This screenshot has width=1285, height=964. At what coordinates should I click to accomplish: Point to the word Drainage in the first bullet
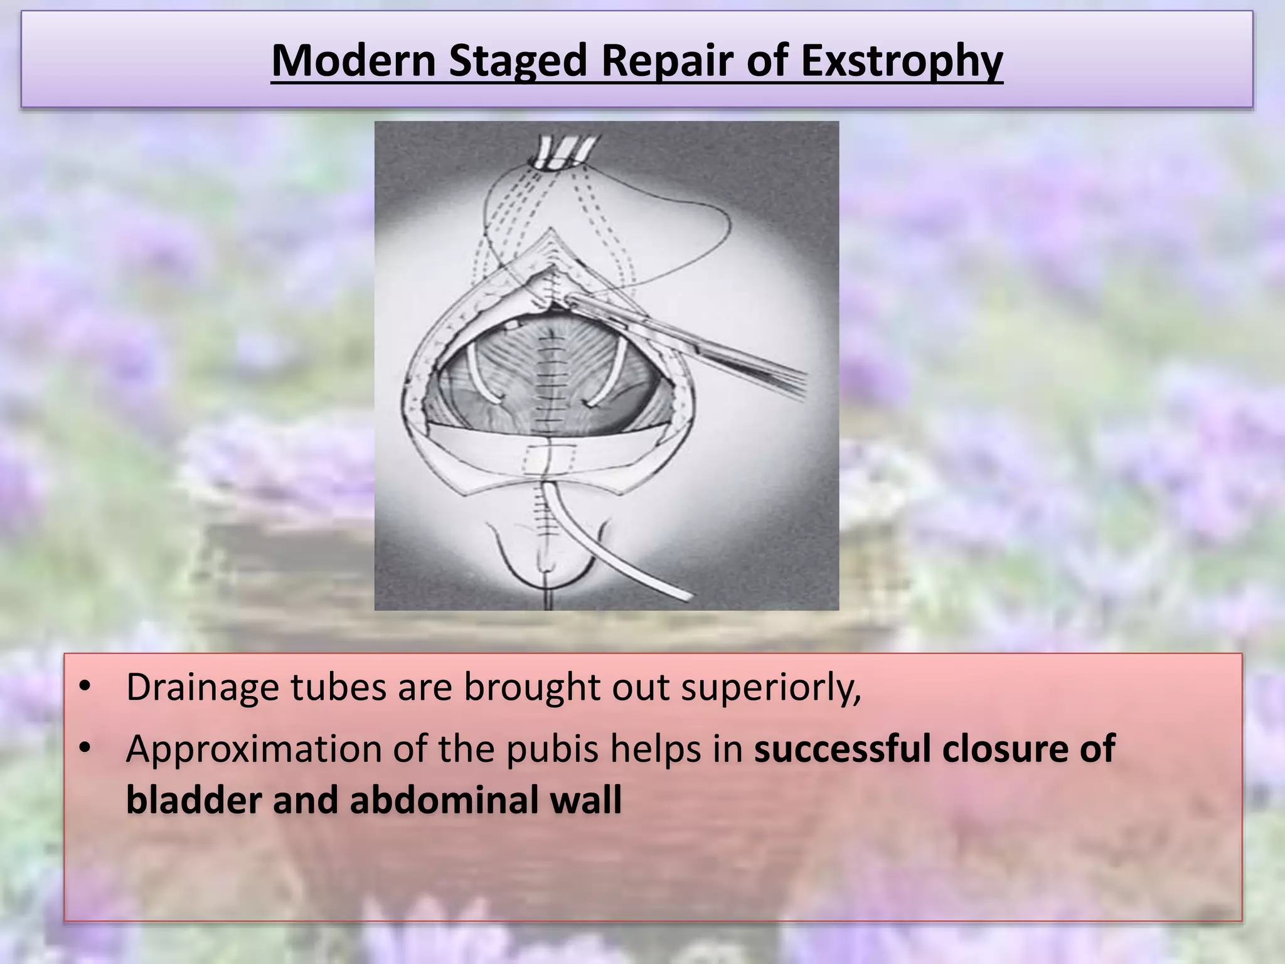(x=202, y=688)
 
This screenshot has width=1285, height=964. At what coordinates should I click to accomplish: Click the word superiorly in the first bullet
(x=771, y=688)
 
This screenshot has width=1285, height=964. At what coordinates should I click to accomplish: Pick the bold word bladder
(x=193, y=800)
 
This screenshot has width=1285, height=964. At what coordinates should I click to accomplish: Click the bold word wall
(x=590, y=800)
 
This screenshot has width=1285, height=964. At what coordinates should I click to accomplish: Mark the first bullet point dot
(x=85, y=685)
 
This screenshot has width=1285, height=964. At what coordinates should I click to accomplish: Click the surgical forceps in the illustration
(x=690, y=342)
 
